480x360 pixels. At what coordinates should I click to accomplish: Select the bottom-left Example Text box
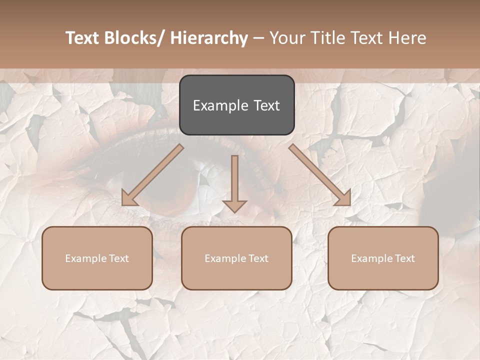(x=97, y=258)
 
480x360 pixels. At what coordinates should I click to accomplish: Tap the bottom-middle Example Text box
(x=236, y=258)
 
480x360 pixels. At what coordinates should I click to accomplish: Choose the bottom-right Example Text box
(x=383, y=258)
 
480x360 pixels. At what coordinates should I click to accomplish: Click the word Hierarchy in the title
(x=209, y=38)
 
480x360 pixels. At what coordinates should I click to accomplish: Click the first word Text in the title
(x=83, y=38)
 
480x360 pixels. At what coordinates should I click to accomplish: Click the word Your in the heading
(x=287, y=38)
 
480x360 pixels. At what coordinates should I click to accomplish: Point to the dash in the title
(x=258, y=38)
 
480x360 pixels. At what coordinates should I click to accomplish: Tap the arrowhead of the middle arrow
(x=234, y=205)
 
